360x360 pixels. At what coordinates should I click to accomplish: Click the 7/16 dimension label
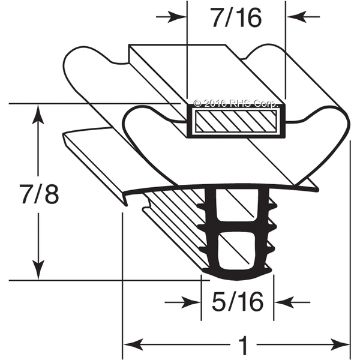coord(237,17)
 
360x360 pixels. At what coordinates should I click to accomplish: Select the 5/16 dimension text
coord(238,302)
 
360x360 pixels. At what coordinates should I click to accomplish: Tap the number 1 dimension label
coord(244,344)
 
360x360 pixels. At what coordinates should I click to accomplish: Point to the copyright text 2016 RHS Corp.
coord(236,104)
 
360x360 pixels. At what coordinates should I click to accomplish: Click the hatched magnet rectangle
coord(236,121)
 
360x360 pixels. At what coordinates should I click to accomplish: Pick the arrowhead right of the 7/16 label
coord(296,17)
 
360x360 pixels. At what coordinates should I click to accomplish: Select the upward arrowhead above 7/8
coord(38,115)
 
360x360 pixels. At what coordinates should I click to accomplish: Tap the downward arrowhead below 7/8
coord(38,270)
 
